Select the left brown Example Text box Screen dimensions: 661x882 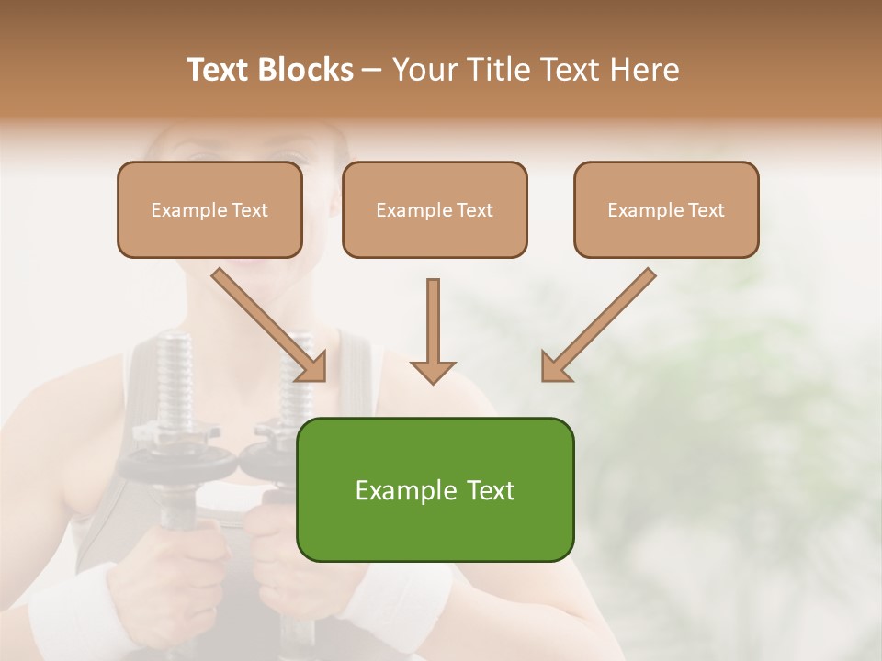pos(209,210)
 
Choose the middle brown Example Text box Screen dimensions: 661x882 pos(435,210)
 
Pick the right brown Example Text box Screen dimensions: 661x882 pos(666,210)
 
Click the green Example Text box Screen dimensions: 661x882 pos(435,489)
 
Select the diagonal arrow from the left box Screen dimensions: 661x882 pos(266,323)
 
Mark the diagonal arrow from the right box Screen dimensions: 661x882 pos(600,323)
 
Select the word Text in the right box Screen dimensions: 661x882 pos(706,210)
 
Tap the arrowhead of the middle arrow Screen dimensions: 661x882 pos(433,371)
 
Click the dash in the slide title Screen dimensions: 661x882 pos(372,71)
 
